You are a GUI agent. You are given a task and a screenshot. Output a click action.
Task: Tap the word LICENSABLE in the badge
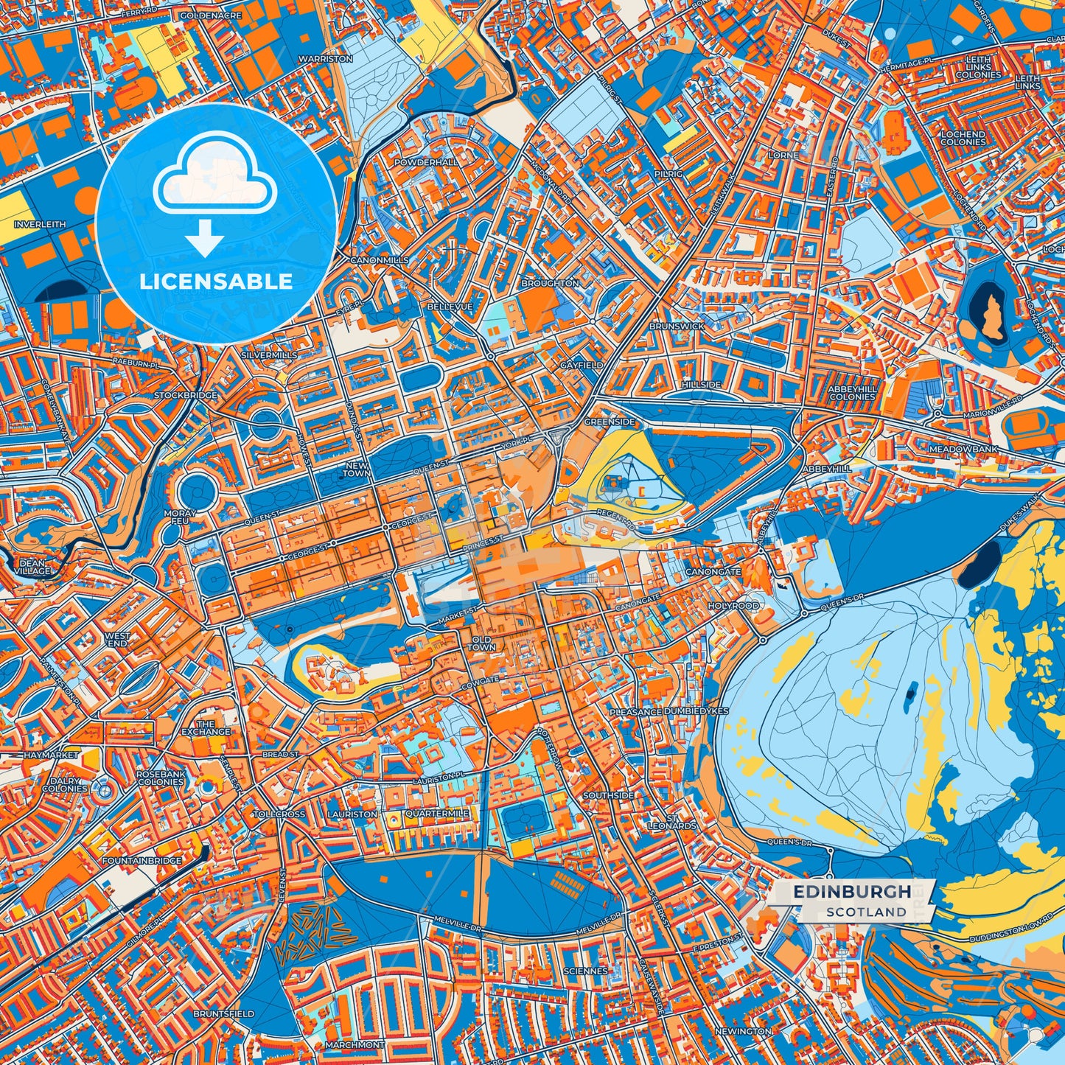[216, 282]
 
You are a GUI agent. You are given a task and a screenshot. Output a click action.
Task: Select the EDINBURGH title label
[852, 892]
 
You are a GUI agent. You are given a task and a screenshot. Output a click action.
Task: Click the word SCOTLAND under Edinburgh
[866, 912]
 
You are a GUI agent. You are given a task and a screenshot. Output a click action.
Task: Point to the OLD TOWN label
[483, 643]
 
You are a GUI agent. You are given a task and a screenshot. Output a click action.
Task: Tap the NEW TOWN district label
[357, 469]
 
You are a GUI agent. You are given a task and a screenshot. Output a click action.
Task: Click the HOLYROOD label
[733, 605]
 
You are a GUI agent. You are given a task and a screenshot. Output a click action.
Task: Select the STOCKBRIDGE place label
[186, 395]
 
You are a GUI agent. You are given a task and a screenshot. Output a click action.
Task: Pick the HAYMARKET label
[51, 755]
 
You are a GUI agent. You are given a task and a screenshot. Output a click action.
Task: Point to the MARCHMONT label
[354, 1044]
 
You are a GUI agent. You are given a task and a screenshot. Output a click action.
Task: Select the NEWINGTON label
[743, 1031]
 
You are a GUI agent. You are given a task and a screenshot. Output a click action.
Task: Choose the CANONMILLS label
[379, 260]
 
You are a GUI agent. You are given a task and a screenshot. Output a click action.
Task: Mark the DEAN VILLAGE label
[33, 567]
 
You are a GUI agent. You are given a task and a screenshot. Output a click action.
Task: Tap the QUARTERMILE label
[436, 814]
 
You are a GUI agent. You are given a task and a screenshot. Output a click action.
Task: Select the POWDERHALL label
[426, 161]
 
